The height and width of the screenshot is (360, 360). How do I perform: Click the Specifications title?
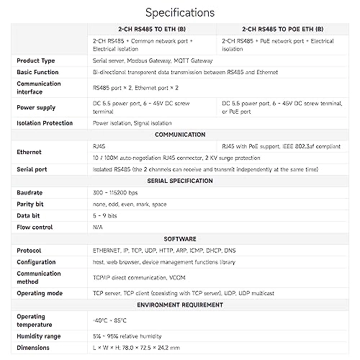179,12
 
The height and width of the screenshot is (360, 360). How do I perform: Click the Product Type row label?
36,61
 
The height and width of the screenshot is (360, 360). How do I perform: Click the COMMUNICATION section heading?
180,134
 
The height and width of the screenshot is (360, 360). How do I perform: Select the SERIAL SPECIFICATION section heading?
180,180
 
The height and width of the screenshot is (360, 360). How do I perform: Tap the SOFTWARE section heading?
180,237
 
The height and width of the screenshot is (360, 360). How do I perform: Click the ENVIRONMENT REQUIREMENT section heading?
180,305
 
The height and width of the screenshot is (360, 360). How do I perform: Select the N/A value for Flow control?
98,228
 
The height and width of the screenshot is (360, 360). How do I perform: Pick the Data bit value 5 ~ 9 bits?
107,216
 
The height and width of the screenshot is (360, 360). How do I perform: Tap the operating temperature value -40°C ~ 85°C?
109,320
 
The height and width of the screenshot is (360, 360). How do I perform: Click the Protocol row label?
30,250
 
